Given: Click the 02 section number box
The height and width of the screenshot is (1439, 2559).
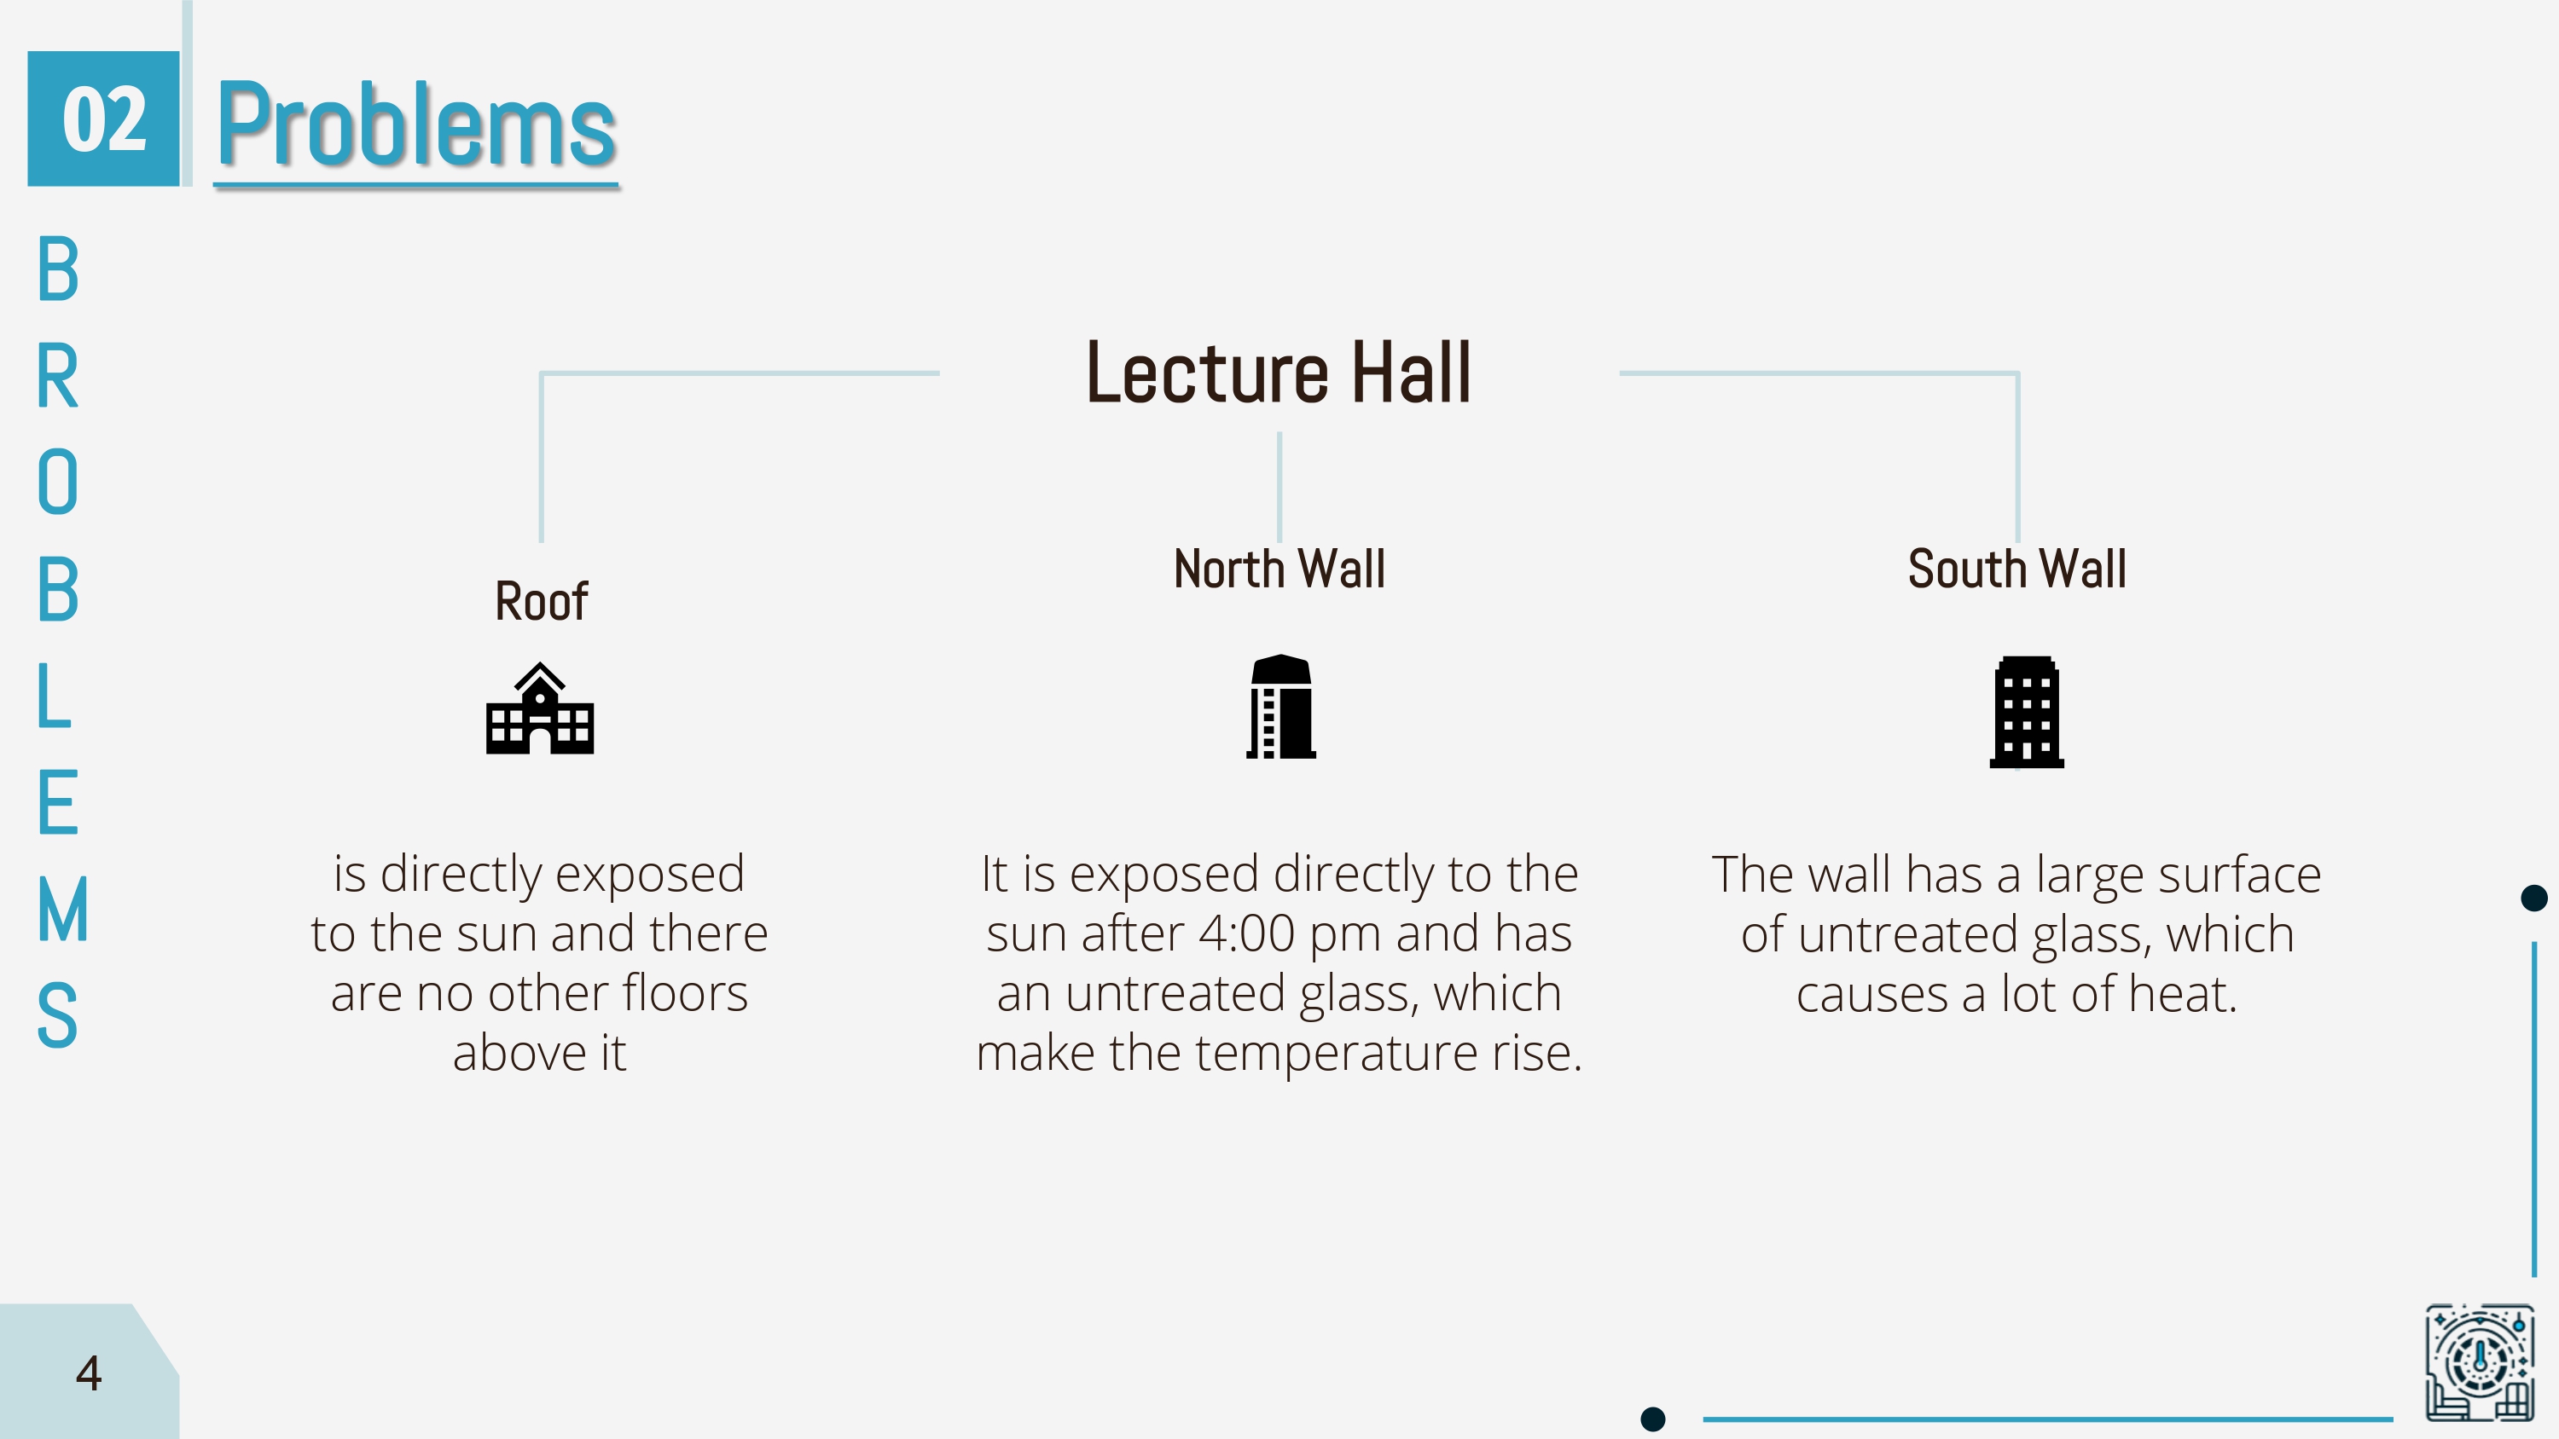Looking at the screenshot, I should (x=103, y=118).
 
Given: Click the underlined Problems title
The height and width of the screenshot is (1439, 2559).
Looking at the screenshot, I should (x=416, y=125).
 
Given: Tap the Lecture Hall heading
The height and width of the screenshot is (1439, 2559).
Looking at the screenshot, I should (x=1279, y=373).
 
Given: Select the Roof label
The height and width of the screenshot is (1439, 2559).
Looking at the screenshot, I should (x=542, y=602).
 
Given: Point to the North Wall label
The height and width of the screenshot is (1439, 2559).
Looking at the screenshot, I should (x=1279, y=569).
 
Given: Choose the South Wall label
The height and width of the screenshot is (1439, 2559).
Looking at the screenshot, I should (x=2016, y=569).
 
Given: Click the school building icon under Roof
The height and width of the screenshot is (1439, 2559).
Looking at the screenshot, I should (x=539, y=709).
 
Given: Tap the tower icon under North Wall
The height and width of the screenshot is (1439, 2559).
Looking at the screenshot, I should (x=1280, y=707).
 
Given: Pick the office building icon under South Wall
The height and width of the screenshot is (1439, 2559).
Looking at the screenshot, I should (x=2027, y=712).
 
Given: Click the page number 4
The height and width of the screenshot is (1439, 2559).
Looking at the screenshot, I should (x=89, y=1373).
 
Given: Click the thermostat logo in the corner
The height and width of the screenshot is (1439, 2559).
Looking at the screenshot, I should (x=2480, y=1361).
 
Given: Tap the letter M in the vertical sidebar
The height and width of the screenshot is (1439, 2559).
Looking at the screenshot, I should (x=62, y=910).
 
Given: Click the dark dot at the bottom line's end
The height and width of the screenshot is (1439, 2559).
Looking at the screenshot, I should (x=1653, y=1419).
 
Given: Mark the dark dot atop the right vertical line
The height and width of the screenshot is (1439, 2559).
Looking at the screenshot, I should (x=2534, y=898).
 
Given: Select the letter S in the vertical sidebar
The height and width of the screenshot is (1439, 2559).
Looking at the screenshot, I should (x=56, y=1015).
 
